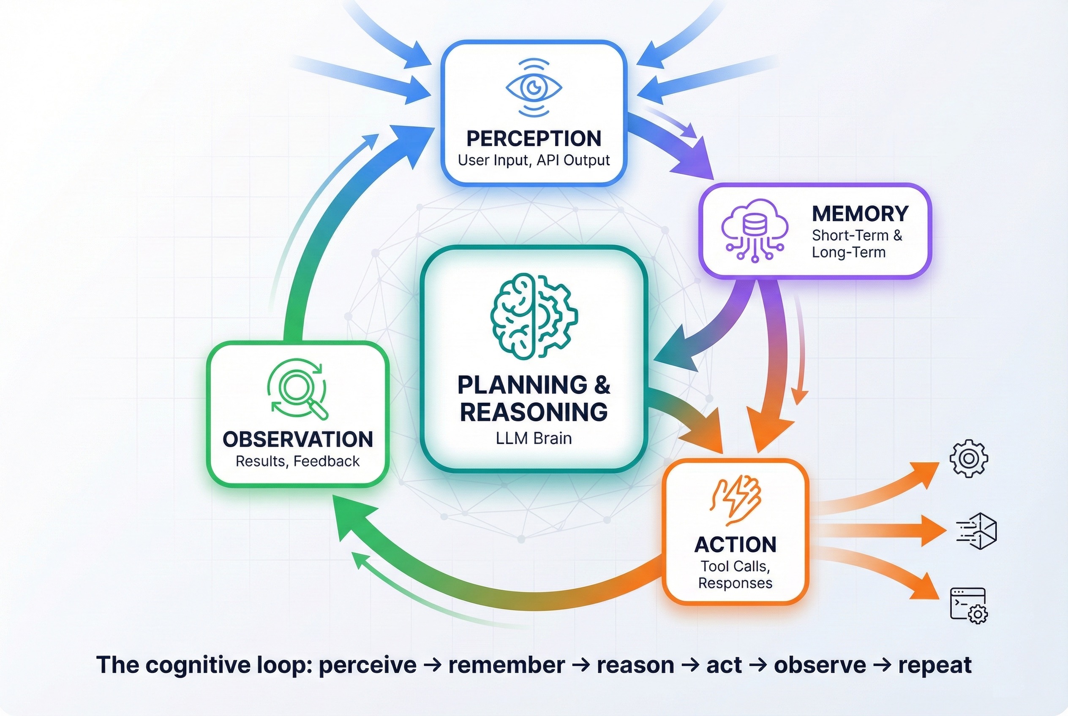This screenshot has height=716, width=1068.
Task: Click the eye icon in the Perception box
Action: tap(533, 88)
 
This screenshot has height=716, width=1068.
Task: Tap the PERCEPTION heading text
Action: tap(533, 138)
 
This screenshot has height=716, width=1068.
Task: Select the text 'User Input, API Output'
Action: tap(533, 160)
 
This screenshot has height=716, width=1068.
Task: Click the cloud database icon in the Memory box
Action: tap(755, 230)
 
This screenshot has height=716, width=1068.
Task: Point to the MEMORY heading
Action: tap(860, 214)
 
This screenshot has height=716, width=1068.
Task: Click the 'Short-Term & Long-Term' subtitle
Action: tap(856, 244)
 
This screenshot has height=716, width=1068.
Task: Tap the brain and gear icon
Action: tap(533, 316)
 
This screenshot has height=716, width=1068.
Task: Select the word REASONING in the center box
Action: tap(533, 412)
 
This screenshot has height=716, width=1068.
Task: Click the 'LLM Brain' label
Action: tap(533, 438)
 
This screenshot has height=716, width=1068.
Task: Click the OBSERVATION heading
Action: tap(297, 439)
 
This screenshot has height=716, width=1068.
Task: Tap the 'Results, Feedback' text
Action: tap(297, 461)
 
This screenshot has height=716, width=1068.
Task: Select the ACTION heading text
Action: tap(735, 544)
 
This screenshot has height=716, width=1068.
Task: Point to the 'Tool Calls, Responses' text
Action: tap(735, 575)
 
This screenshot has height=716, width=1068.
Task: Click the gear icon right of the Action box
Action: tap(968, 458)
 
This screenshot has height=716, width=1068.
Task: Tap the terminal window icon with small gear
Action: tap(968, 605)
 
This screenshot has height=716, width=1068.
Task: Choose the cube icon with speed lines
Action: tap(977, 531)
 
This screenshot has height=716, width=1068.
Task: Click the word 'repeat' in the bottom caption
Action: tap(934, 665)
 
